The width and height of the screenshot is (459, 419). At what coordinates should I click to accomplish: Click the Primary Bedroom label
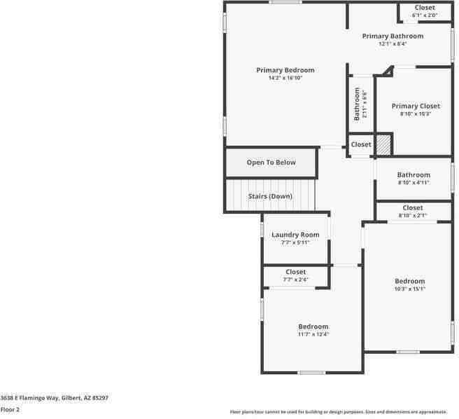285,70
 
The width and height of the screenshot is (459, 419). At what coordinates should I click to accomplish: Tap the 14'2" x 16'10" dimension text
285,78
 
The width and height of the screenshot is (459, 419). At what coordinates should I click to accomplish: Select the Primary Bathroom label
392,36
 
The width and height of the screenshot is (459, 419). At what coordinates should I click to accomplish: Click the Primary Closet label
415,107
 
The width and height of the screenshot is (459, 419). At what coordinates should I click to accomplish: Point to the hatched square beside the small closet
383,144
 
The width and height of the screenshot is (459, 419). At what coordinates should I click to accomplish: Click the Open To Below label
271,163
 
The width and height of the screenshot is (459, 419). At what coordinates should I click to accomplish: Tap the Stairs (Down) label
270,196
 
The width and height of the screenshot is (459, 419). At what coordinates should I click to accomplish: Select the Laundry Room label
295,235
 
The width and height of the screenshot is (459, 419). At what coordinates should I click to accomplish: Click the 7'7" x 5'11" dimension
295,242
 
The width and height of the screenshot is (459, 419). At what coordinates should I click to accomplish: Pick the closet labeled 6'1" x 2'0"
424,11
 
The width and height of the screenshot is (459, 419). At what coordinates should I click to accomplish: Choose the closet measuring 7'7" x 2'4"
295,275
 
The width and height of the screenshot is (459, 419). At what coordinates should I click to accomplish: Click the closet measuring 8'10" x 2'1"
412,211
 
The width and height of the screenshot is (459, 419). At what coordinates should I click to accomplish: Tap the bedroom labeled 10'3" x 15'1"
409,284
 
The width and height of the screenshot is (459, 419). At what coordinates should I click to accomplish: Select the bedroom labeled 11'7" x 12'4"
313,330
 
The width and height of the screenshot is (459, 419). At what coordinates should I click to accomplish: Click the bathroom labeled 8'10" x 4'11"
413,178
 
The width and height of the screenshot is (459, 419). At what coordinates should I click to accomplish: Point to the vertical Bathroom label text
357,104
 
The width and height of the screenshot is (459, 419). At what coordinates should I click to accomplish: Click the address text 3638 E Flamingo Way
54,397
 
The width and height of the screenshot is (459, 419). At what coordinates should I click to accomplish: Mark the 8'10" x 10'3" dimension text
415,114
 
